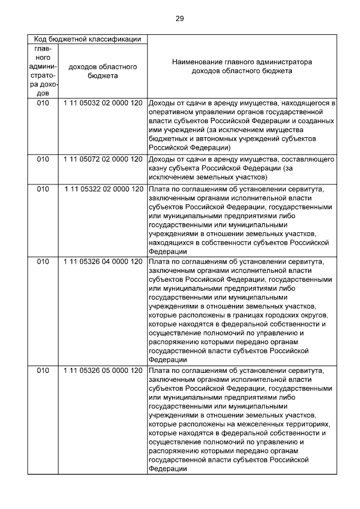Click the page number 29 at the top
[x=180, y=19]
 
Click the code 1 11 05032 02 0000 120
[x=103, y=103]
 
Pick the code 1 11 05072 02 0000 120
[x=103, y=159]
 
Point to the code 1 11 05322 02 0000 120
[x=104, y=190]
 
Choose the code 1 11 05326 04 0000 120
[x=104, y=262]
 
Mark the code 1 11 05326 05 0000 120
[x=104, y=371]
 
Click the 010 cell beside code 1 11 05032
[x=43, y=103]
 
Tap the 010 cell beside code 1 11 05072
[x=43, y=159]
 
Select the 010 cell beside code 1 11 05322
[x=43, y=190]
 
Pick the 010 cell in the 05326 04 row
[x=43, y=262]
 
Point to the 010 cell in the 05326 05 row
[x=43, y=371]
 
